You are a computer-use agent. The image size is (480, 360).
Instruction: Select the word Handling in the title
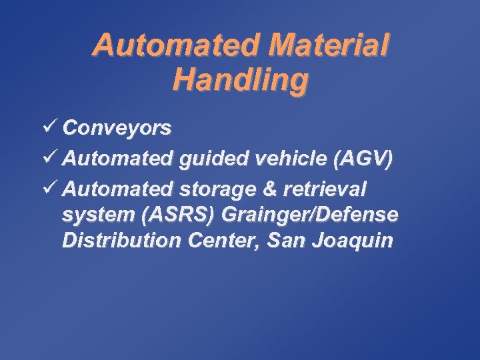click(241, 79)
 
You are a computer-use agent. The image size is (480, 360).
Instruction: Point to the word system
click(92, 216)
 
